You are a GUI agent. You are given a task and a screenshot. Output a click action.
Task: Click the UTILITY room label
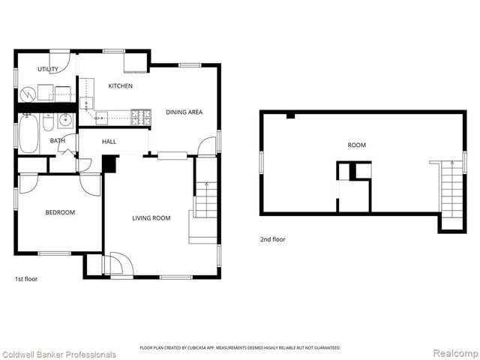(37, 69)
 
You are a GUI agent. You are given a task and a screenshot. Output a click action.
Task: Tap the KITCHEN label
(120, 86)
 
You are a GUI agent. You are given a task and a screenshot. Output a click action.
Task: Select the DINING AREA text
(184, 112)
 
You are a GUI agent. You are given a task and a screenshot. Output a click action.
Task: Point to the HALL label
(108, 140)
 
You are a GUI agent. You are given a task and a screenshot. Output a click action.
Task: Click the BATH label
(57, 140)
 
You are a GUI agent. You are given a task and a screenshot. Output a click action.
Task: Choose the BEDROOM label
(60, 212)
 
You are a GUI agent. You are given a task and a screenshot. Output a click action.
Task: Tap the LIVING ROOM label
(151, 218)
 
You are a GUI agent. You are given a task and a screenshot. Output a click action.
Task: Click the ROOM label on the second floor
(356, 145)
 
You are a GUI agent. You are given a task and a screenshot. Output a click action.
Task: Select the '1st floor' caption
(26, 279)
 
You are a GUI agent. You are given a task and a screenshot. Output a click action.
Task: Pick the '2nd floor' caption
(273, 239)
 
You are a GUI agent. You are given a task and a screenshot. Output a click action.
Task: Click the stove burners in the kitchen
(140, 117)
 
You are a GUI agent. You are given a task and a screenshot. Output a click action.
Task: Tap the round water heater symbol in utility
(28, 94)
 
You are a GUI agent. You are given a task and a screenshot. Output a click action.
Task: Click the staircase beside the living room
(204, 201)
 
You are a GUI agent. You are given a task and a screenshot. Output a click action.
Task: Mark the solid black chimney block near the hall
(109, 163)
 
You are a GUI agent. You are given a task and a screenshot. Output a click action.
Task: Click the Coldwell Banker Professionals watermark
(59, 354)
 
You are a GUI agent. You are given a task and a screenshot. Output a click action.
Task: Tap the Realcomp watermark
(453, 353)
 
